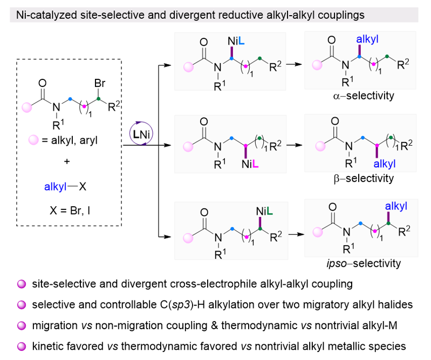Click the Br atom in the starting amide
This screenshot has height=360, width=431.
tap(100, 84)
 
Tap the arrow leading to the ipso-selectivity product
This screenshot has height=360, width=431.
tap(294, 235)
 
